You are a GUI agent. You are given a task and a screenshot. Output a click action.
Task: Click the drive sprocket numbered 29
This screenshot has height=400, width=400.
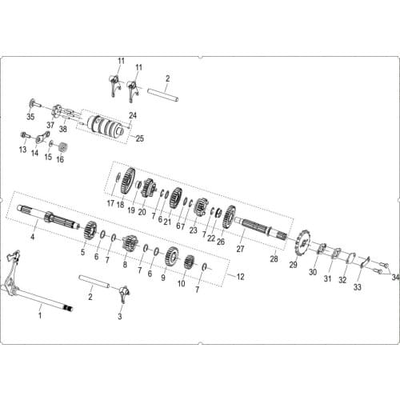(x=302, y=242)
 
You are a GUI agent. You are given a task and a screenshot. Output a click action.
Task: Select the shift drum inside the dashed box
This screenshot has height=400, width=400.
(x=106, y=127)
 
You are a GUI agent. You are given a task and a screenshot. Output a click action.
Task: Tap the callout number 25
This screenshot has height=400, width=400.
(x=140, y=138)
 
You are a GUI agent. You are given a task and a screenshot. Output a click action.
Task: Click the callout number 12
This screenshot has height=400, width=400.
(x=240, y=277)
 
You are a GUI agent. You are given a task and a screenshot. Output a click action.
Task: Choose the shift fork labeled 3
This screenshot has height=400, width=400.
(x=124, y=294)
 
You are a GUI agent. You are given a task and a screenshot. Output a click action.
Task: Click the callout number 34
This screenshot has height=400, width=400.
(x=395, y=278)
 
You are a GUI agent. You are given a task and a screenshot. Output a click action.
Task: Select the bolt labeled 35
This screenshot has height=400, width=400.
(x=34, y=103)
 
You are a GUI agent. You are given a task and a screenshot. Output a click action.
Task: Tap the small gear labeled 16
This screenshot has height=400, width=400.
(x=62, y=147)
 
